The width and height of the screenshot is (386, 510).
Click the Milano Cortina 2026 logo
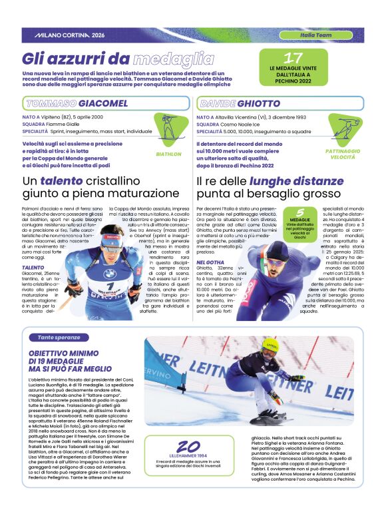[x=69, y=35]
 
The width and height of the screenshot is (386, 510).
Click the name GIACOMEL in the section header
[x=102, y=103]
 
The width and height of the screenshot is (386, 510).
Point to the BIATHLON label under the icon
[x=168, y=153]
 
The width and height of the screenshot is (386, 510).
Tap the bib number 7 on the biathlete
[x=111, y=286]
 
